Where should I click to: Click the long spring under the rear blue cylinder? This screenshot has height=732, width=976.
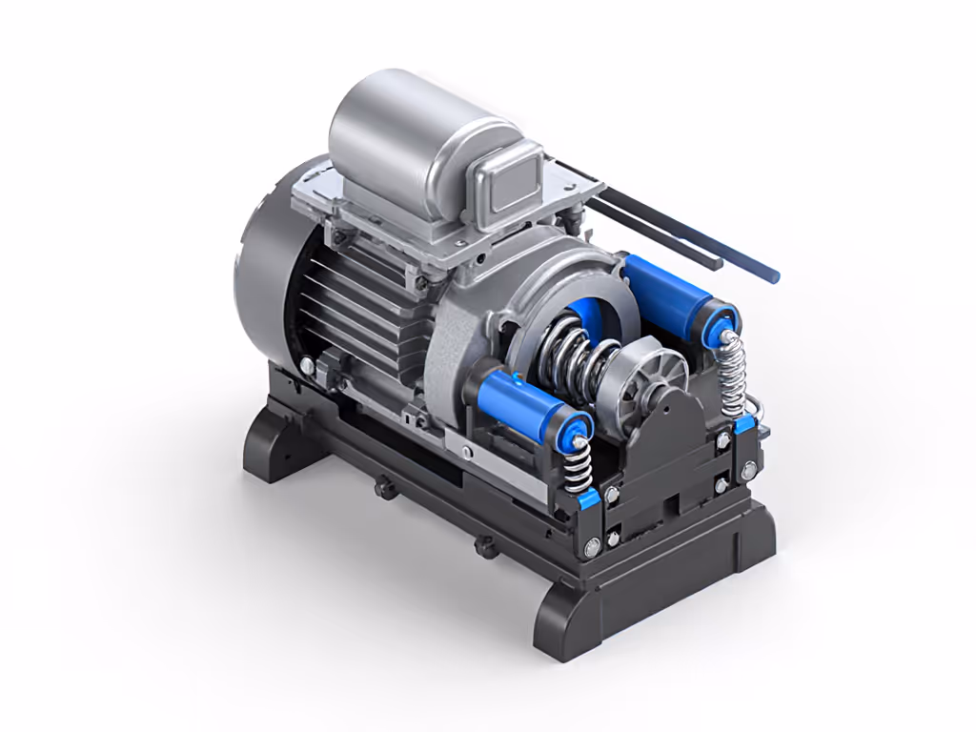(731, 376)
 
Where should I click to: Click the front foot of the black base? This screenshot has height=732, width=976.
(572, 620)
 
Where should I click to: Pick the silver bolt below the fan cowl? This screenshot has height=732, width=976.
(306, 365)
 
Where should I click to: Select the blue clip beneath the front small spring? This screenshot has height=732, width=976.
(585, 497)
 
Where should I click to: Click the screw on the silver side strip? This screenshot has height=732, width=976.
(466, 451)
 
